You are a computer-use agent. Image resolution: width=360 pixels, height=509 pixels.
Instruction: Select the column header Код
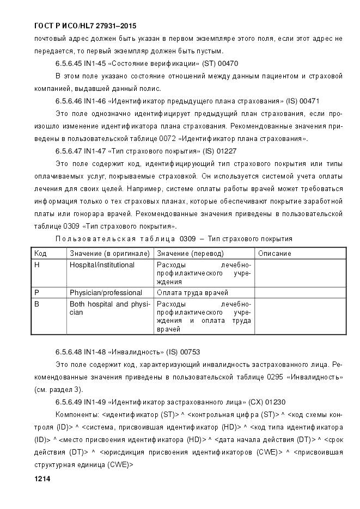(40, 253)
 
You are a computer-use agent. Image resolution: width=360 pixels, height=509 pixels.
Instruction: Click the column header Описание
(274, 253)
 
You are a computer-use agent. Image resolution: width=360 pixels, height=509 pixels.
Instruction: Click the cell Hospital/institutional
(102, 265)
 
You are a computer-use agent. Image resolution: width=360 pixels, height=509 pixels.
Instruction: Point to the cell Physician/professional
(106, 292)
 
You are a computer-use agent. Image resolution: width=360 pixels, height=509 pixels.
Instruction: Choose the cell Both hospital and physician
(109, 308)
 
